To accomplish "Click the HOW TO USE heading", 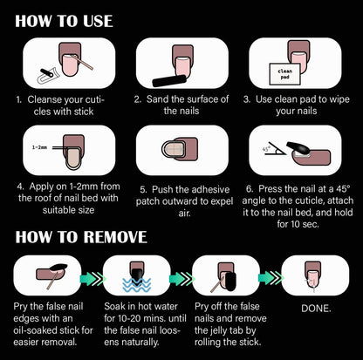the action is pos(64,21).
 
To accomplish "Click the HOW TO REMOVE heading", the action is pos(81,237).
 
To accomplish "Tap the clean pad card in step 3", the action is pos(284,74).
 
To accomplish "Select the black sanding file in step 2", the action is pos(169,81).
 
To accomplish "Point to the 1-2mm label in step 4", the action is pos(39,147).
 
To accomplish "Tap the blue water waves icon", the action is pos(137,285).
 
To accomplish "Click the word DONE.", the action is pos(316,309).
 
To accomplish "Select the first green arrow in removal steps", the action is pos(92,279).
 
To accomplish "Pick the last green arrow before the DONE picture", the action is pos(271,278).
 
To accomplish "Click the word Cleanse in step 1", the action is pos(45,99).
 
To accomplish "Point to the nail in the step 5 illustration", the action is pos(174,149).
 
